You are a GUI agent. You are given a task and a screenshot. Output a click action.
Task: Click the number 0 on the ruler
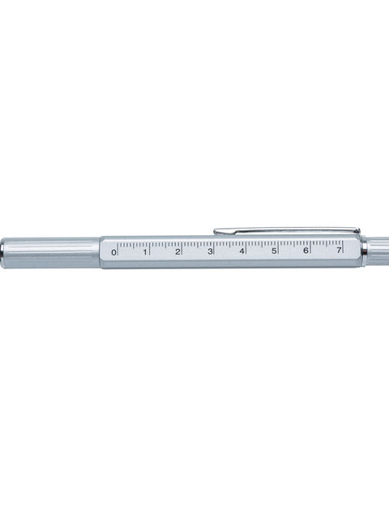click(113, 252)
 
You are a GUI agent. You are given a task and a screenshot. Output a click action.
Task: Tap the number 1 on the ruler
click(145, 252)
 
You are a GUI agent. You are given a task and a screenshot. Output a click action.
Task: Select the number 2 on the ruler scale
click(177, 251)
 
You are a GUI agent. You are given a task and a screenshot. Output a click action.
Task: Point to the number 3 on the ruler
click(210, 251)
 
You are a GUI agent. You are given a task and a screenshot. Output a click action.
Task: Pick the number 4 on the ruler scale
click(242, 251)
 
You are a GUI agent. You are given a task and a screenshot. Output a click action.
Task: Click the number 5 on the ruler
click(274, 251)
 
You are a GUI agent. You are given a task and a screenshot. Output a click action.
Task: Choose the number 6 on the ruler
click(306, 251)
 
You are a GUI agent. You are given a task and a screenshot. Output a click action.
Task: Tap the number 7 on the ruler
click(339, 250)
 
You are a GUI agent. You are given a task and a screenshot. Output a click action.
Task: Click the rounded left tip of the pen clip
click(216, 231)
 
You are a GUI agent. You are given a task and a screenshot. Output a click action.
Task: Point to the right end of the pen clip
click(359, 229)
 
